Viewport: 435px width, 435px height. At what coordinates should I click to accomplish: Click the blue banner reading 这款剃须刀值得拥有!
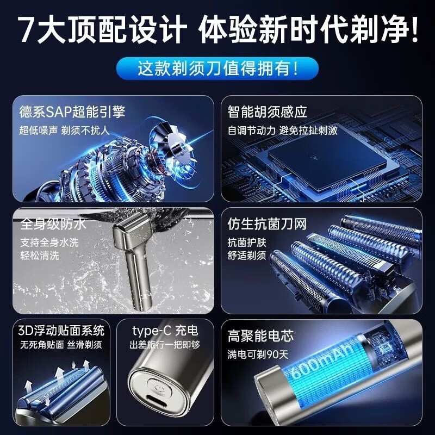(217, 69)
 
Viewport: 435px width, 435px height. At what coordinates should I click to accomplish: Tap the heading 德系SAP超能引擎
(73, 112)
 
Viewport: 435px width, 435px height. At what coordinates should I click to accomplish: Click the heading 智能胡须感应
(268, 112)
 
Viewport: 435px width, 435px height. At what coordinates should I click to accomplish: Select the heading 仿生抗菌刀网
(268, 224)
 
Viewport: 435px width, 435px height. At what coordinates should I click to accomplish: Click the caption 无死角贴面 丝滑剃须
(61, 345)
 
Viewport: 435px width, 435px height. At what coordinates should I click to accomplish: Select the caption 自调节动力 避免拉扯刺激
(283, 130)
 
